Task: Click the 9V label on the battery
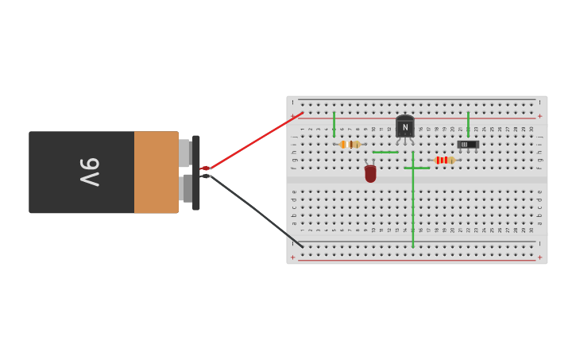click(89, 172)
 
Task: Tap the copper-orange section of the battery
click(156, 172)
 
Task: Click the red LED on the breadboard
click(370, 173)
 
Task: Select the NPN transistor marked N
click(405, 126)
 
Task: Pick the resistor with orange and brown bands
click(350, 145)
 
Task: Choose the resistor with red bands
click(443, 160)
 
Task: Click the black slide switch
click(468, 145)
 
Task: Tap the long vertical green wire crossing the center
click(413, 207)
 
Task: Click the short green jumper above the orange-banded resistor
click(334, 123)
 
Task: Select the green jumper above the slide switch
click(468, 123)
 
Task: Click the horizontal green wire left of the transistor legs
click(385, 152)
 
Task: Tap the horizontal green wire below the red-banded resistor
click(417, 168)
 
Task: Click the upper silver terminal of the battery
click(184, 153)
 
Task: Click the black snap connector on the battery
click(196, 172)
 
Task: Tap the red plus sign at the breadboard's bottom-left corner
click(292, 257)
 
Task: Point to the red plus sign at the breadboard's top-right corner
click(539, 116)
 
